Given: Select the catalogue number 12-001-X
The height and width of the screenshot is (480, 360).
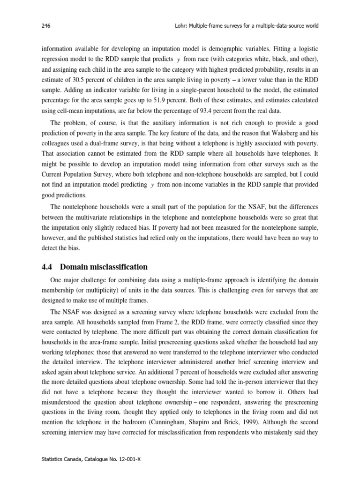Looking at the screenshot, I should [x=128, y=460].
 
